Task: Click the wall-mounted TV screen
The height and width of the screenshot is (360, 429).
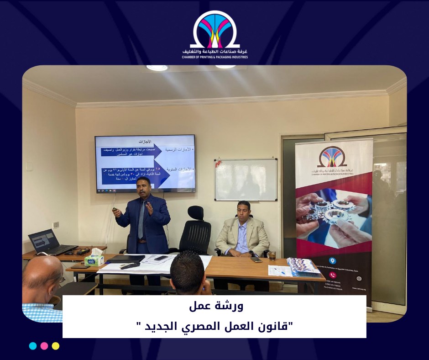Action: pos(145,163)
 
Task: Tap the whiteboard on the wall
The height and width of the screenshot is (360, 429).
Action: pos(246,180)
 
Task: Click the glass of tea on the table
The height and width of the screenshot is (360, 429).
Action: pos(272,255)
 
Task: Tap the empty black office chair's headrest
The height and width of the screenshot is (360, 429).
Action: pos(195,212)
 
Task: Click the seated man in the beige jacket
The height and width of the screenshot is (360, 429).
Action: pos(242,231)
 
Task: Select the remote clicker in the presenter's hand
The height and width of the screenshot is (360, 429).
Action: pos(115,209)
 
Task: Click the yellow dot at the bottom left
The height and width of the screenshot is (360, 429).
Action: pos(55,346)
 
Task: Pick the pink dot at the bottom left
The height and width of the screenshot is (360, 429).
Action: pos(44,346)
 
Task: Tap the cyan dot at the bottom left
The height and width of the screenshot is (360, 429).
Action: pos(33,346)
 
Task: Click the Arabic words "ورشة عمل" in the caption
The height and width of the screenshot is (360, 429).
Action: pos(214,307)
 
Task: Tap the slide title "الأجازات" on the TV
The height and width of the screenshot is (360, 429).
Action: pos(144,141)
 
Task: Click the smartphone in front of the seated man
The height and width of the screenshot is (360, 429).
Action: pos(256,259)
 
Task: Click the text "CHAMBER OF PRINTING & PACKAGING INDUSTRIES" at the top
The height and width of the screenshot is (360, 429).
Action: pos(214,58)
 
